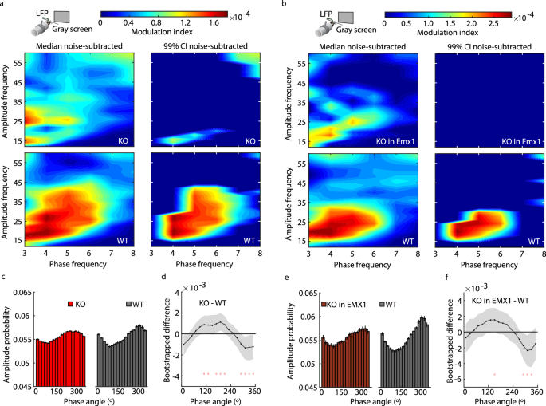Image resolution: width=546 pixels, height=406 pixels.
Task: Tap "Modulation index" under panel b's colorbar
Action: [x=454, y=34]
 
